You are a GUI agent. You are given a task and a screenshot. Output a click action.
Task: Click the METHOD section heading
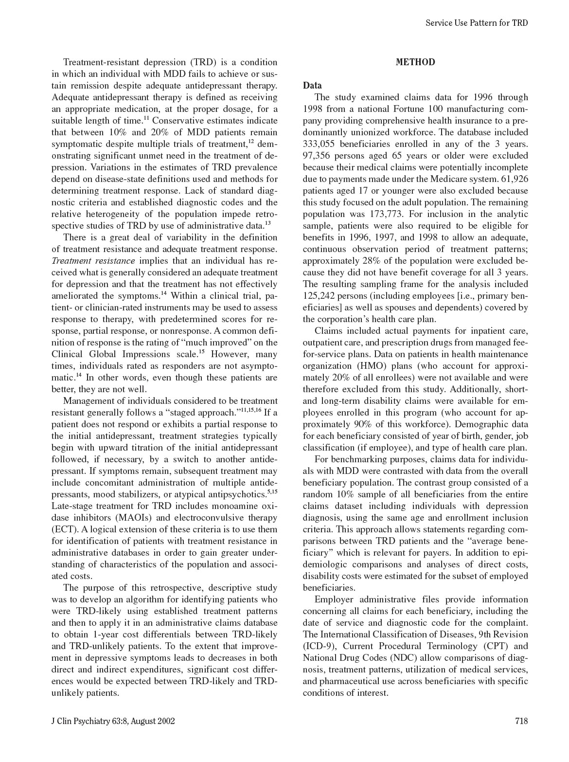pos(415,62)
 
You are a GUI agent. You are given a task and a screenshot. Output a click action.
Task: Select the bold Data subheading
pos(312,86)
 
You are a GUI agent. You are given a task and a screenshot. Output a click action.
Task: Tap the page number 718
pos(521,721)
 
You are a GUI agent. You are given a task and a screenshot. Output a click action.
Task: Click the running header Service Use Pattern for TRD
pos(476,23)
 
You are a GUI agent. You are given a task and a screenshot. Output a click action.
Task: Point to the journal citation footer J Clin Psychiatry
pos(113,721)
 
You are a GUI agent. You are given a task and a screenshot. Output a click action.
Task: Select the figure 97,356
pos(318,156)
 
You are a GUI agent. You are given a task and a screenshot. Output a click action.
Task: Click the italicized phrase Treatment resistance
pos(93,261)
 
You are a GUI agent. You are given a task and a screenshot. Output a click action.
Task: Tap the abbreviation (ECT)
pos(64,529)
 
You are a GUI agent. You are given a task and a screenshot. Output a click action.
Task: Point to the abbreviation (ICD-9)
pos(319,646)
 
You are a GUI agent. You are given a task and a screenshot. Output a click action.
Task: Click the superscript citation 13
pos(268,223)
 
